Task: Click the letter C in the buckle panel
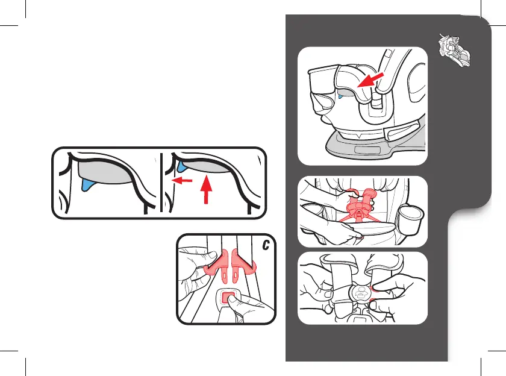(266, 245)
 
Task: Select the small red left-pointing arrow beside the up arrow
(182, 180)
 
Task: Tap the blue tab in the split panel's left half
(87, 185)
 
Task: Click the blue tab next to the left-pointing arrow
(182, 166)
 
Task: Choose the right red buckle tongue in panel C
(243, 263)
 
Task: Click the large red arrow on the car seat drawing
(370, 80)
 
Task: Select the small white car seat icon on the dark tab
(454, 49)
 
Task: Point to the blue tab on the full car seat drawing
(340, 96)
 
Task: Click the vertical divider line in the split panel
(161, 183)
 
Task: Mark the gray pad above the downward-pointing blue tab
(105, 173)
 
